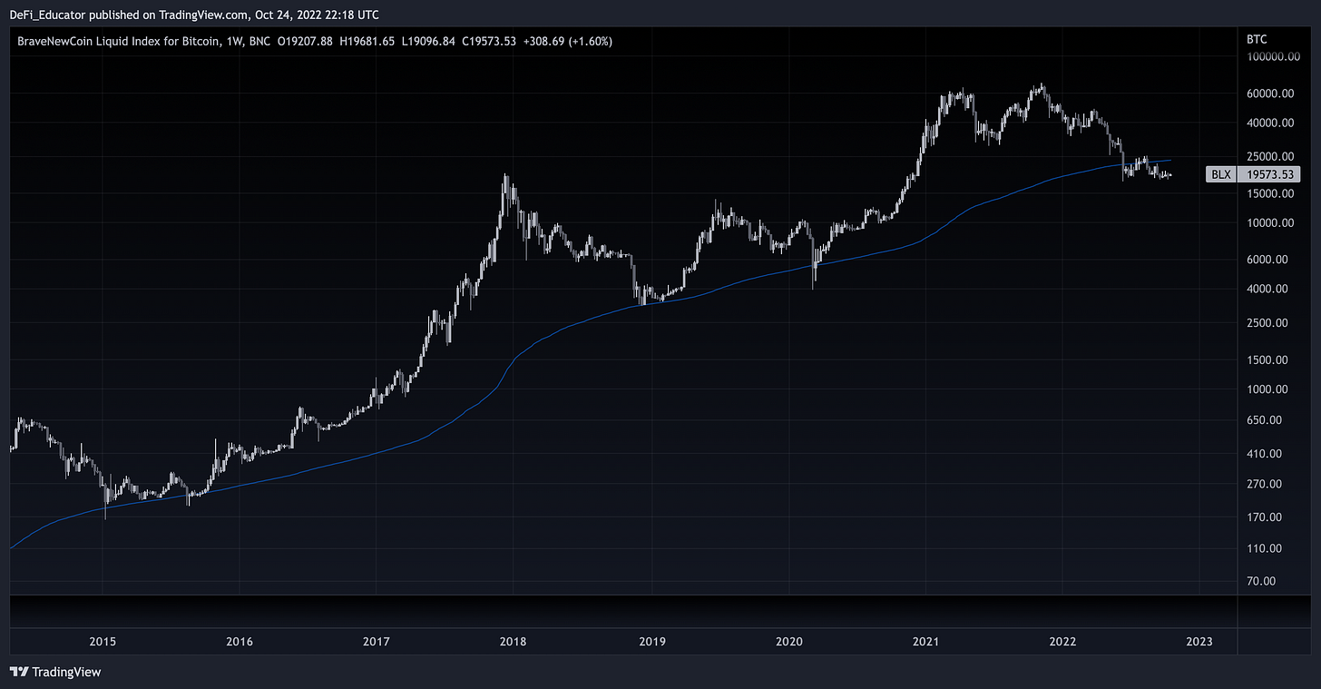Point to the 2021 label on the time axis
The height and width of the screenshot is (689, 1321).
coord(925,642)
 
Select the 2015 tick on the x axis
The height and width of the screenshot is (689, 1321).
coord(103,642)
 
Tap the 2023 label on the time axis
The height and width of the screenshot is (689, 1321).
coord(1199,642)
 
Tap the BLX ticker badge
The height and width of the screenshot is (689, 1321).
coord(1221,174)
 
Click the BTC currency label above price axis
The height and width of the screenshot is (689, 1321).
coord(1257,40)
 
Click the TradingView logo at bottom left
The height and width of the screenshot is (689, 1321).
coord(55,673)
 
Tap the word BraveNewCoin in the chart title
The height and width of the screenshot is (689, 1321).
coord(54,42)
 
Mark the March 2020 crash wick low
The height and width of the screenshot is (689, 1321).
coord(814,288)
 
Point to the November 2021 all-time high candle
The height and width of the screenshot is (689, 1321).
coord(1042,86)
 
